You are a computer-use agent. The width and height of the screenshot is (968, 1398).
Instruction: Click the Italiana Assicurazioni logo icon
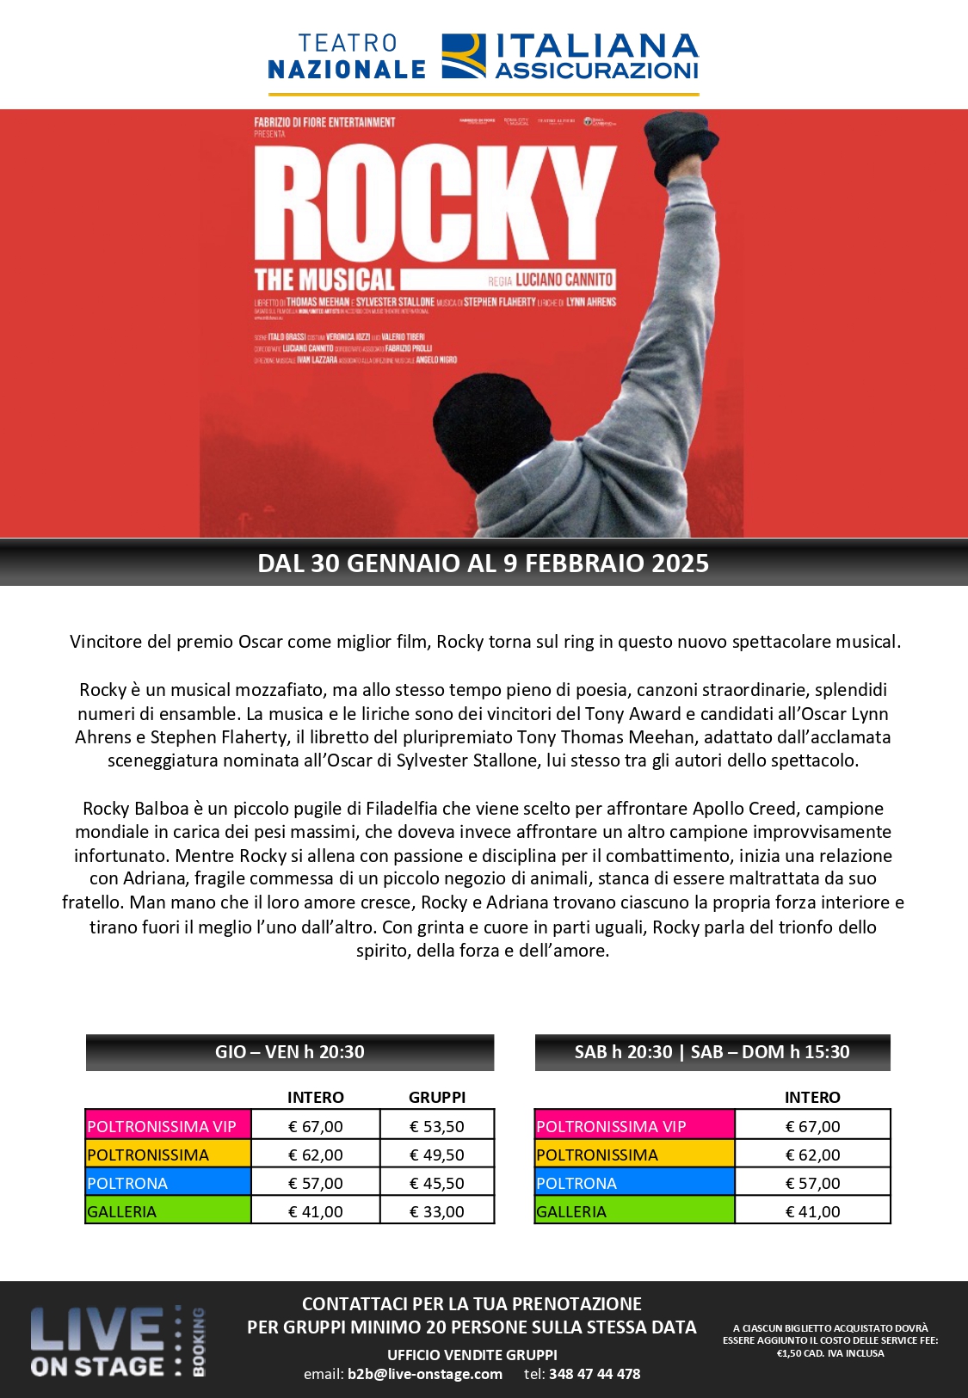(x=464, y=57)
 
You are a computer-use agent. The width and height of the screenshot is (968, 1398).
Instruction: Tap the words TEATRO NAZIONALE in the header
(x=347, y=57)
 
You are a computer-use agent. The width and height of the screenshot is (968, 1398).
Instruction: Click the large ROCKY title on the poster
(x=435, y=203)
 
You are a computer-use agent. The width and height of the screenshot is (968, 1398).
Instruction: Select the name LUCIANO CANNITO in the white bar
(x=564, y=280)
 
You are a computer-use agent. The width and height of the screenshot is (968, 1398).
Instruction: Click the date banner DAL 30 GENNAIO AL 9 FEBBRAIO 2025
(x=484, y=564)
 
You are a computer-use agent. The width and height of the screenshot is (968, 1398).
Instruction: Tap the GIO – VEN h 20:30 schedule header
(x=290, y=1052)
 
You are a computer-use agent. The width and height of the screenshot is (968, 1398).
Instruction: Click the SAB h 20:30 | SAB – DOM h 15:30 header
(x=712, y=1052)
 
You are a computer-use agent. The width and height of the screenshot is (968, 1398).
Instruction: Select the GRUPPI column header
(x=437, y=1097)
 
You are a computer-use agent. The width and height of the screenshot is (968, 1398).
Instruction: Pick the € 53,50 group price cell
(x=437, y=1126)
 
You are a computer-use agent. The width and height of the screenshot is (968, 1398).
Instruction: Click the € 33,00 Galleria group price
(x=437, y=1211)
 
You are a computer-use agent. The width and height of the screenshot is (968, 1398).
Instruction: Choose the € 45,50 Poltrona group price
(x=437, y=1183)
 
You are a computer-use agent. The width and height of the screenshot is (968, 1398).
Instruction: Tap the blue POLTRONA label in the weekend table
(x=576, y=1183)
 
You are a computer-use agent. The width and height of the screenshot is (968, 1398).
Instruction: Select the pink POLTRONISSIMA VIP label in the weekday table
(x=162, y=1126)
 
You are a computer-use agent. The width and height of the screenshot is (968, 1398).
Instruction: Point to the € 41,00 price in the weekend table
(x=812, y=1211)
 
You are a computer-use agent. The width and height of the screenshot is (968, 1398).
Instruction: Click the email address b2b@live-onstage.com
(x=425, y=1374)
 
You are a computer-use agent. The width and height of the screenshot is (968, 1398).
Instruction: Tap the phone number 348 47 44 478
(x=595, y=1374)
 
